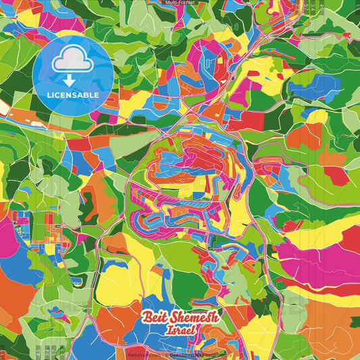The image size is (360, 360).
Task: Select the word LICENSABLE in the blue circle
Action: [x=72, y=95]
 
